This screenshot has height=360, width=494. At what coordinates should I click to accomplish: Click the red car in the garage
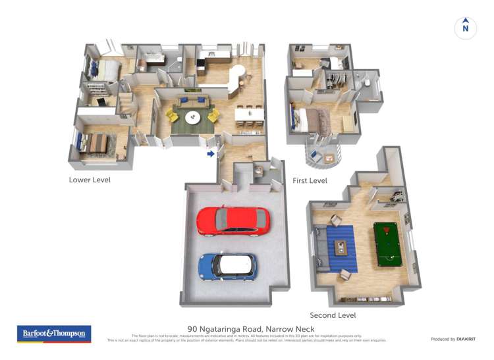tap(233, 221)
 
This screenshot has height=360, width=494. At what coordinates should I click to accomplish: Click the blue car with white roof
tap(228, 266)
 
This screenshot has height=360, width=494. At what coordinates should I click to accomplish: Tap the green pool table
tap(387, 244)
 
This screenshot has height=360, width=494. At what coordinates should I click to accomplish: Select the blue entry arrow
tap(211, 154)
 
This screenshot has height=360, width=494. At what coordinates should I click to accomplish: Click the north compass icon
tap(466, 28)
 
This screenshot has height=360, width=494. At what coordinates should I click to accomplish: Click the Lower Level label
tap(90, 180)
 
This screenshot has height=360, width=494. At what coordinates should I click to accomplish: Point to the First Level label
tap(310, 180)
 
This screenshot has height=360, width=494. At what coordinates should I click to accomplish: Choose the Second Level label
tap(333, 315)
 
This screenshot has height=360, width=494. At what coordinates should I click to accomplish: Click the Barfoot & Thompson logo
tap(53, 334)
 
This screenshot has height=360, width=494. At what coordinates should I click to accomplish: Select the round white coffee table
tap(193, 118)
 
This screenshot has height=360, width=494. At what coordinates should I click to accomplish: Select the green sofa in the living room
tap(193, 101)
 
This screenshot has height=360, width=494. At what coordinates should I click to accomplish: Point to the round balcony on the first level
tap(323, 153)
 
